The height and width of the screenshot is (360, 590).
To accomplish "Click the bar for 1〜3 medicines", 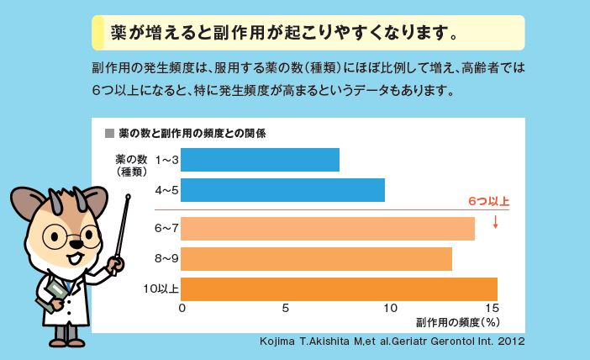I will point(260,160).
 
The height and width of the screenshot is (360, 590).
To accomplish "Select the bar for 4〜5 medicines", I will point(282,190).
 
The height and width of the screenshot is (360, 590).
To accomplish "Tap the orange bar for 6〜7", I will point(327,229).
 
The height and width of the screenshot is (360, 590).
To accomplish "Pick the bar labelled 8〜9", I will point(316,259).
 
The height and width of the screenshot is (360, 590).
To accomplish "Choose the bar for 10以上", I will point(339,289).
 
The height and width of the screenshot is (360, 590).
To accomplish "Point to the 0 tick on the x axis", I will point(182,309).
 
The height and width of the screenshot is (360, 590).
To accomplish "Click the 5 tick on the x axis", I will point(286,309).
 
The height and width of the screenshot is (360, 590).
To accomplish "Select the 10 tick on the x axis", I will point(389,309).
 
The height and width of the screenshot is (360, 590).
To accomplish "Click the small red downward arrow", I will point(496,222).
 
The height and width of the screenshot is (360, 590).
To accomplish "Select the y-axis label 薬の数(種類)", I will point(132,165).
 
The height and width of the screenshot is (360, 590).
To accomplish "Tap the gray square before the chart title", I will point(108,133).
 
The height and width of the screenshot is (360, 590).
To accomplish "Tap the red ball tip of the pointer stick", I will point(129,200).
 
